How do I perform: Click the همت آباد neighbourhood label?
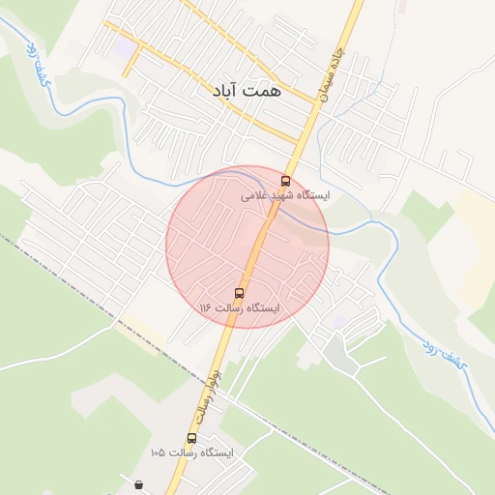click(243, 93)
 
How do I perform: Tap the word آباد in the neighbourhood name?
click(224, 93)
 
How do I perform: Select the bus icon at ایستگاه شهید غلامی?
click(285, 181)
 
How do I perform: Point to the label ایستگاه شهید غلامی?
click(285, 195)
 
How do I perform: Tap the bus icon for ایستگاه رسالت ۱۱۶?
click(240, 293)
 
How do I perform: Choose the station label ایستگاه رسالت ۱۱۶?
click(239, 307)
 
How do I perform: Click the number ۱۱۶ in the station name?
click(205, 307)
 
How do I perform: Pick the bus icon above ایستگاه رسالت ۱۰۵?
click(191, 438)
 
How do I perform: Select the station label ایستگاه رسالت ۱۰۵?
click(191, 452)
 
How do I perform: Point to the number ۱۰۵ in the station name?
click(158, 452)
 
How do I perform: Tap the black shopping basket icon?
click(140, 484)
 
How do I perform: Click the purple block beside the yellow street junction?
click(125, 45)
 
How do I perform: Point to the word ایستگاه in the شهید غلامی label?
click(312, 195)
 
